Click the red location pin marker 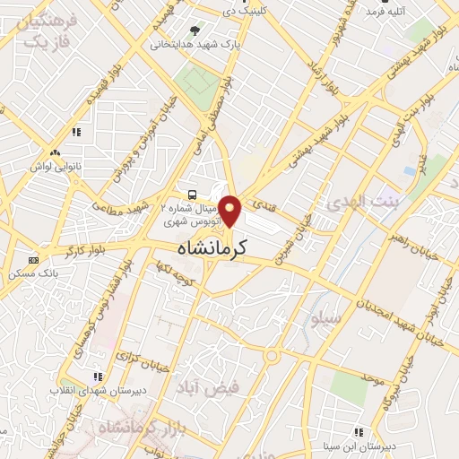230,211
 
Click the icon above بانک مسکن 34,259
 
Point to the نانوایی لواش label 56,167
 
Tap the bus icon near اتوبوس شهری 193,195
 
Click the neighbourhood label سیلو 324,317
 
